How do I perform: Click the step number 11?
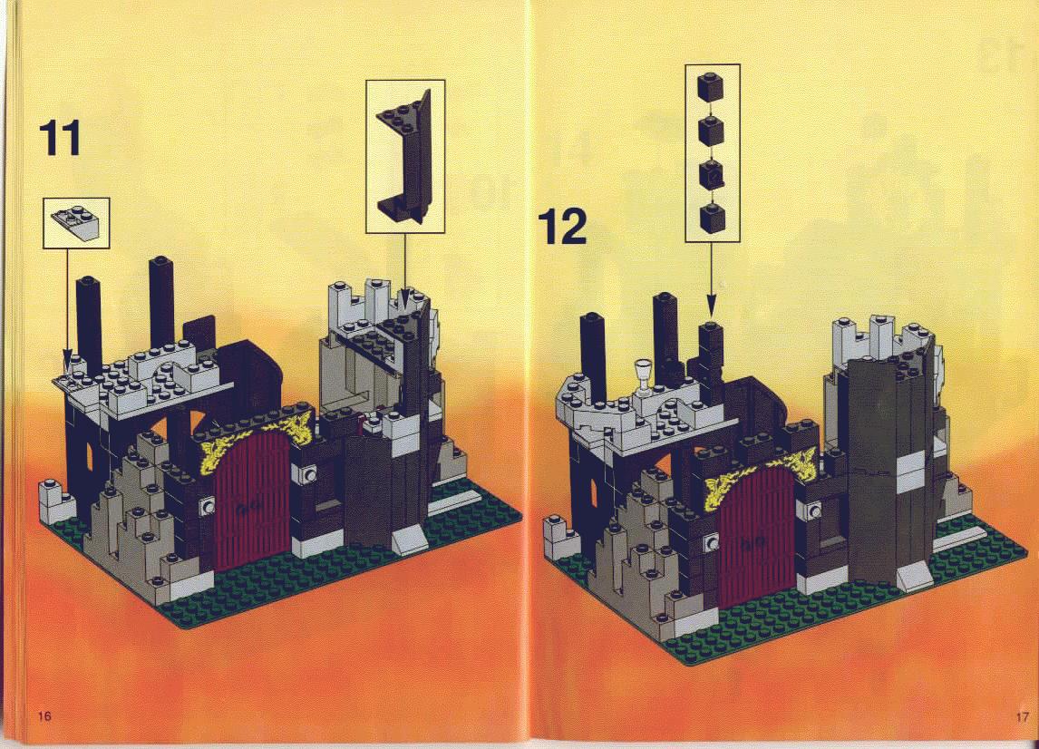pyautogui.click(x=61, y=138)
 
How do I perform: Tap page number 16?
pyautogui.click(x=44, y=715)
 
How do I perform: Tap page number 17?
pyautogui.click(x=1022, y=716)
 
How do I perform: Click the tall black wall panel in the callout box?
pyautogui.click(x=406, y=157)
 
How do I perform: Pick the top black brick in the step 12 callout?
pyautogui.click(x=710, y=86)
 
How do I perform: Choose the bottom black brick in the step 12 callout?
pyautogui.click(x=713, y=218)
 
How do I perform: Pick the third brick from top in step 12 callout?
pyautogui.click(x=712, y=174)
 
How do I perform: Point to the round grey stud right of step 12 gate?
pyautogui.click(x=813, y=511)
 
